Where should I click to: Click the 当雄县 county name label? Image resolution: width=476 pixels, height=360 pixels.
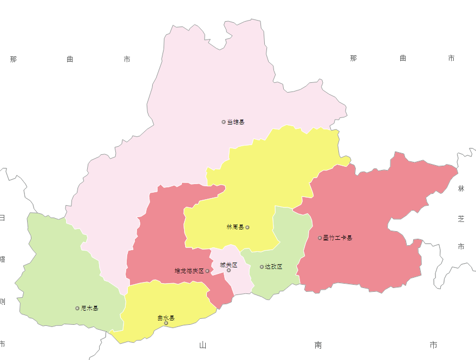236,122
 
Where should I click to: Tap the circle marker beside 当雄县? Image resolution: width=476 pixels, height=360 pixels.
224,122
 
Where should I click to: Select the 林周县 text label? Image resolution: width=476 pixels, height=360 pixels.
235,227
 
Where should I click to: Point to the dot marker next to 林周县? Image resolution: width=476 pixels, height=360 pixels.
247,227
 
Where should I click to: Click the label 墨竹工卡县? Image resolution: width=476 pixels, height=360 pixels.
337,238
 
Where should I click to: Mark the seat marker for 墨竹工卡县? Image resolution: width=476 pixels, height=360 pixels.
319,238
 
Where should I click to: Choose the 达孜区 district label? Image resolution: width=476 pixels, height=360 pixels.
273,267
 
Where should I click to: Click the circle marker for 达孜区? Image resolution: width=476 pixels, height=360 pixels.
262,267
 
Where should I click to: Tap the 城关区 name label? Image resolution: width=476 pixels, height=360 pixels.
229,265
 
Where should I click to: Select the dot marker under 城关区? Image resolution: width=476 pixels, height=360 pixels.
229,270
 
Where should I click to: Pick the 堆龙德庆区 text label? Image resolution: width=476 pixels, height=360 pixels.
188,271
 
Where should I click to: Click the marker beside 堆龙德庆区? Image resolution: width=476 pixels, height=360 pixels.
207,271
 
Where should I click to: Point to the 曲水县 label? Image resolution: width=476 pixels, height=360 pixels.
166,318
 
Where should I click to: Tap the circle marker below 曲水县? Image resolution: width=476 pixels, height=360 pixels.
166,323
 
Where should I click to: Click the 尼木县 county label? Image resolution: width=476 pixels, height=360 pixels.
89,309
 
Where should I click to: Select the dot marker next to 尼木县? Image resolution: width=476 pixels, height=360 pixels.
77,309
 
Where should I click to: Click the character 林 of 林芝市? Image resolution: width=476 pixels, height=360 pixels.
461,188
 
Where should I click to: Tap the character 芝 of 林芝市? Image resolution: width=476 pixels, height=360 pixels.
461,219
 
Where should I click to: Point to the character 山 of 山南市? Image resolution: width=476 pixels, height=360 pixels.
203,345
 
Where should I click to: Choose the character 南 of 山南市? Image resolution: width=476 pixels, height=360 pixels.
318,345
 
